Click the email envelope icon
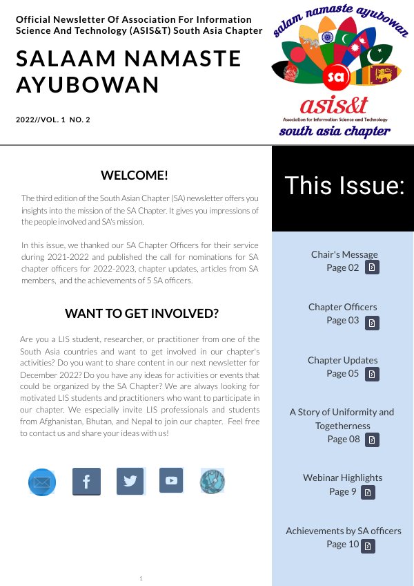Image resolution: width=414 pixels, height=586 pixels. point(41,482)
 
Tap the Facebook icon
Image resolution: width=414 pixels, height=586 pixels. point(86,481)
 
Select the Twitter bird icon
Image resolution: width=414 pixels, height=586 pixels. point(130,481)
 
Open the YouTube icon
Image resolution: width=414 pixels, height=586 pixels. point(171,480)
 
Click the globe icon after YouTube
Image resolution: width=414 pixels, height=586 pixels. point(213,481)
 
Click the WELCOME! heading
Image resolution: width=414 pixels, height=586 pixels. point(134,175)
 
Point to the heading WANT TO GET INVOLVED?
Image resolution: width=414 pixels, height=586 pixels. point(141,313)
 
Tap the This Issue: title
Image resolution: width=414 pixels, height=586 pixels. point(344,186)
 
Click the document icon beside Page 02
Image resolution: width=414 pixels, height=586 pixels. point(372,268)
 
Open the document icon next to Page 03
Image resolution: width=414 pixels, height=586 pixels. point(372,322)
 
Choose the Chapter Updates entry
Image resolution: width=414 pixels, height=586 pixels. point(343,360)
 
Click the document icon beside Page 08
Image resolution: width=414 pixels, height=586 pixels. point(372,439)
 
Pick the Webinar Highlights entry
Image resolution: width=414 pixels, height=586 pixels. point(342,478)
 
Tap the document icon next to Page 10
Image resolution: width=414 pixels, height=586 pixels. point(368,546)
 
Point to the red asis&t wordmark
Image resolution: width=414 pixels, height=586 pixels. point(334,105)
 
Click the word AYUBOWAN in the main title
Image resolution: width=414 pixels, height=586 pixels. point(88,84)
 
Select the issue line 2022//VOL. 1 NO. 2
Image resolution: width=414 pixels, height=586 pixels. point(53,120)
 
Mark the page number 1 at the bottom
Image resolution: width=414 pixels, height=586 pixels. point(141,578)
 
